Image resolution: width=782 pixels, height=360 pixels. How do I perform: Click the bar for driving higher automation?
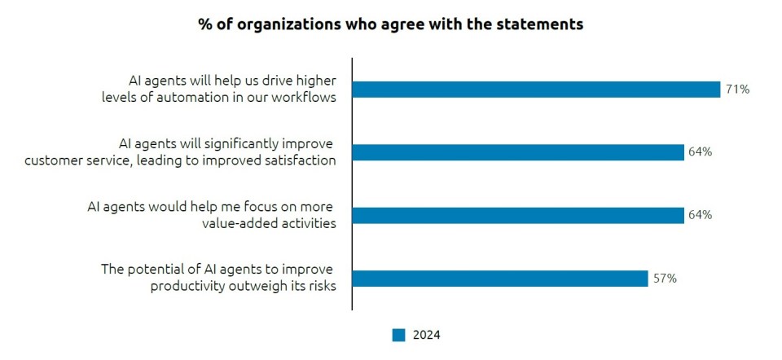click(536, 90)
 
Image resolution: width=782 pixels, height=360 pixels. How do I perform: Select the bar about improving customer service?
click(518, 152)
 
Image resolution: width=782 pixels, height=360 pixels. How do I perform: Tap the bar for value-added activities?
click(518, 215)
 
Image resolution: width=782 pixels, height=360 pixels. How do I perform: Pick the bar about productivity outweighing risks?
click(500, 279)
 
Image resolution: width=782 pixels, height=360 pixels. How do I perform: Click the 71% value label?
click(737, 90)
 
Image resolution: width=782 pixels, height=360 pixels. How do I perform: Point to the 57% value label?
click(665, 279)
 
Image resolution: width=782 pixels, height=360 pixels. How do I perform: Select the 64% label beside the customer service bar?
click(701, 152)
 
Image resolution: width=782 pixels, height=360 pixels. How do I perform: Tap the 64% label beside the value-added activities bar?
click(701, 215)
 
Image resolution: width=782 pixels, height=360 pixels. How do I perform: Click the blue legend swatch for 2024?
click(398, 335)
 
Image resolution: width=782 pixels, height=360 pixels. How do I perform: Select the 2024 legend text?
click(426, 335)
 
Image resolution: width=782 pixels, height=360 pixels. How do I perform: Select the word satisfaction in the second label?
click(301, 160)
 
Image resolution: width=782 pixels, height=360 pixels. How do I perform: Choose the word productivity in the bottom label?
click(187, 286)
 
